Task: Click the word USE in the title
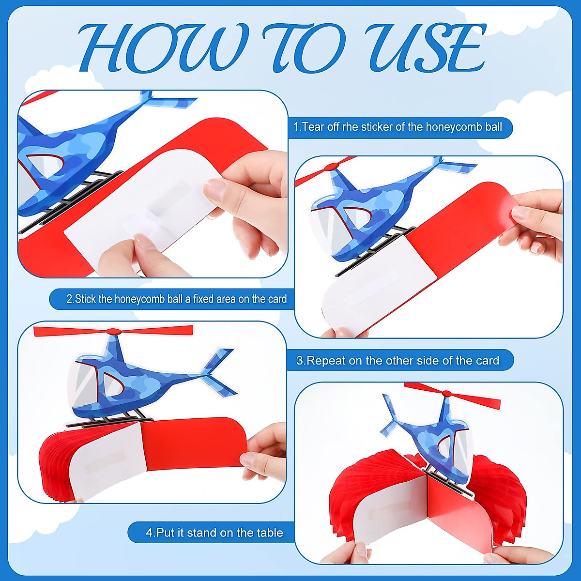point(426,48)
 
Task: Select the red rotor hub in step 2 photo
point(332,167)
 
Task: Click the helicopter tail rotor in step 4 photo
point(390,414)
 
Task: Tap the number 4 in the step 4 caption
point(149,533)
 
